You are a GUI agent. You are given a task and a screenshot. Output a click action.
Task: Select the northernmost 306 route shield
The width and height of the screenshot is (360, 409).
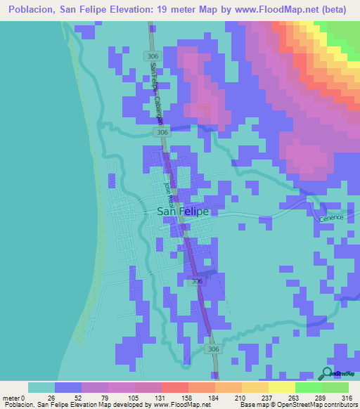[153, 56]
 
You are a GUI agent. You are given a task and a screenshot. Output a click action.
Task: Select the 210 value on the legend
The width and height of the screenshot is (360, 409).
[241, 398]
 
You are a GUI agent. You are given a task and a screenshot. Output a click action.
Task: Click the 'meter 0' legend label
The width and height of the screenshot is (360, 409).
[14, 398]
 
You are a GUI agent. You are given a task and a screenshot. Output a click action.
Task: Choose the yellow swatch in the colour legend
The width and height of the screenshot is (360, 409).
[281, 387]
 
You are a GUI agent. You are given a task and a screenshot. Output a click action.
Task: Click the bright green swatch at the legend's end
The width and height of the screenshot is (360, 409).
[335, 387]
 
